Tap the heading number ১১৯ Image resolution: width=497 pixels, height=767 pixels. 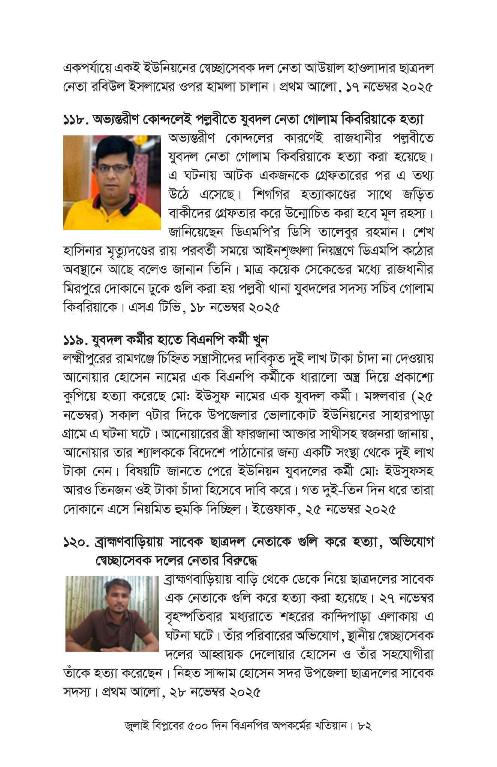[76, 340]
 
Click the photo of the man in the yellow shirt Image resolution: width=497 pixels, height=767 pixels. [112, 182]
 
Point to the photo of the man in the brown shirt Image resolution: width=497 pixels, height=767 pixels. [112, 614]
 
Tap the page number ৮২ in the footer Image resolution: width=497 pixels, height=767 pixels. [365, 726]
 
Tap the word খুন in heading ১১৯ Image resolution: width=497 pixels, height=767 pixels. [260, 340]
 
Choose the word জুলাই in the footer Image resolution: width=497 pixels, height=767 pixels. [136, 726]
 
